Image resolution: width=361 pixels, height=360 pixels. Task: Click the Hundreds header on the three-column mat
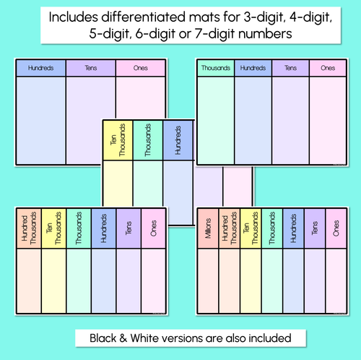(x=40, y=68)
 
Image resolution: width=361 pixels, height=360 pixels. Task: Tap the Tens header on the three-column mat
(x=90, y=68)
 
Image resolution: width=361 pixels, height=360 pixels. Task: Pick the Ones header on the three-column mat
(x=141, y=68)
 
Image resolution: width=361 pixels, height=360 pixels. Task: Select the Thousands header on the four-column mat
(x=216, y=68)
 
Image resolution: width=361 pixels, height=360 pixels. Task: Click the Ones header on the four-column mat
(x=328, y=68)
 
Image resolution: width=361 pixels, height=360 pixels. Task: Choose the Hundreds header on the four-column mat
(x=253, y=68)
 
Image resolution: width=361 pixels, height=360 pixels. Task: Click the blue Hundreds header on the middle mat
(x=178, y=140)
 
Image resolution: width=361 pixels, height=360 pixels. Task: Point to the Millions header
(x=208, y=228)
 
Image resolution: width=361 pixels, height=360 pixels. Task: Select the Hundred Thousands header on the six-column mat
(x=29, y=228)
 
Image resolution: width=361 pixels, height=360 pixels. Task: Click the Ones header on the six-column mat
(x=153, y=228)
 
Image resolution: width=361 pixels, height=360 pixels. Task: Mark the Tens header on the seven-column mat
(x=314, y=228)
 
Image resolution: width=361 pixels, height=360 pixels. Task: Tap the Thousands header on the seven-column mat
(x=271, y=228)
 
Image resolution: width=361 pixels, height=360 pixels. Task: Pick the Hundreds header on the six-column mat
(x=103, y=228)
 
